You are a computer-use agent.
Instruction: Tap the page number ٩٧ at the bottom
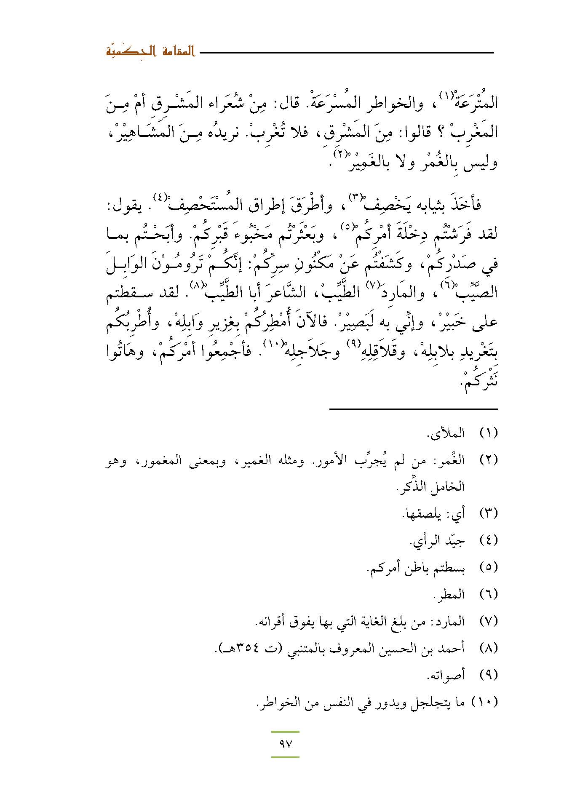(x=285, y=744)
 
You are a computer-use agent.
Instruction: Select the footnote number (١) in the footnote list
(x=489, y=433)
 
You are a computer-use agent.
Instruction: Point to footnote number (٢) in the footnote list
(x=489, y=459)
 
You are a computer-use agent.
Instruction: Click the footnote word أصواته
(x=446, y=675)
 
